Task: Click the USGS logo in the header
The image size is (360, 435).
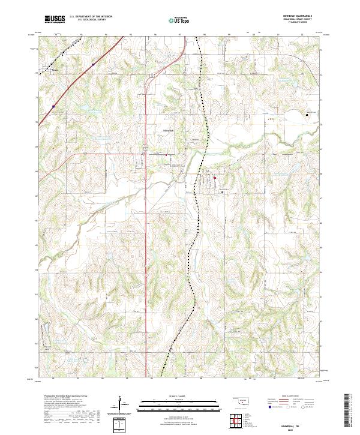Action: pos(55,19)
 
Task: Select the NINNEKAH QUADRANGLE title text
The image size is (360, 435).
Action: pos(296,17)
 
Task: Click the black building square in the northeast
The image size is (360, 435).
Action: pos(308,114)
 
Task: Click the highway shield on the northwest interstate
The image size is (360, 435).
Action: pos(53,106)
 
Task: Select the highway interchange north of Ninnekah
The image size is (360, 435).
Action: pos(152,74)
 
